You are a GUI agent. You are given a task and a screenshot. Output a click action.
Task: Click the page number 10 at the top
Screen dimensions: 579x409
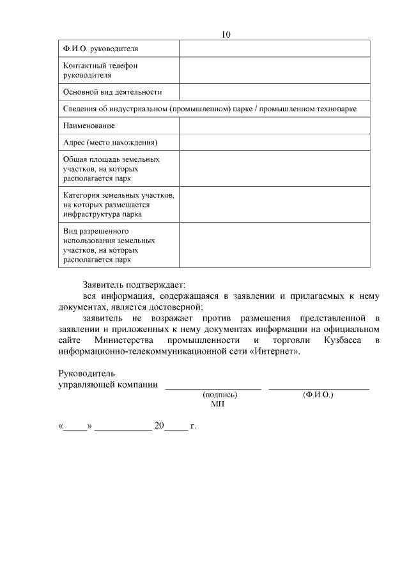coord(226,34)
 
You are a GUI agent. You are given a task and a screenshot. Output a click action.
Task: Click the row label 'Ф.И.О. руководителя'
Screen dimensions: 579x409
coord(100,49)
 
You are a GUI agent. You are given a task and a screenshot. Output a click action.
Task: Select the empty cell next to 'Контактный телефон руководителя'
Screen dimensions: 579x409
coord(274,70)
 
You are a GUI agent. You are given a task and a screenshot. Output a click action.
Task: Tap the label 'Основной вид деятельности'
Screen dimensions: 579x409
coord(112,93)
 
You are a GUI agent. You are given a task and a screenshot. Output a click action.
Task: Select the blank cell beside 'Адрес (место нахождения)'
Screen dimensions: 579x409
coord(274,142)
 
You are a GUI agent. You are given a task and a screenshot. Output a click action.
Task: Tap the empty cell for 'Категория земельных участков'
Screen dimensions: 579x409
coord(274,204)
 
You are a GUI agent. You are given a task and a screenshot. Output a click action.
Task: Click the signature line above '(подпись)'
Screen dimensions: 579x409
coord(213,385)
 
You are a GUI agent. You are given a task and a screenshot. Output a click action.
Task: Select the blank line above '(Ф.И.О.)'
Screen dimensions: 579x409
coord(318,385)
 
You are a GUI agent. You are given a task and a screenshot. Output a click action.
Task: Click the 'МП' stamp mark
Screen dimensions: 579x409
coord(217,404)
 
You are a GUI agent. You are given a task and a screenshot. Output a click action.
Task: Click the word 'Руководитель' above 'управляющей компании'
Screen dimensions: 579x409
coord(86,373)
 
